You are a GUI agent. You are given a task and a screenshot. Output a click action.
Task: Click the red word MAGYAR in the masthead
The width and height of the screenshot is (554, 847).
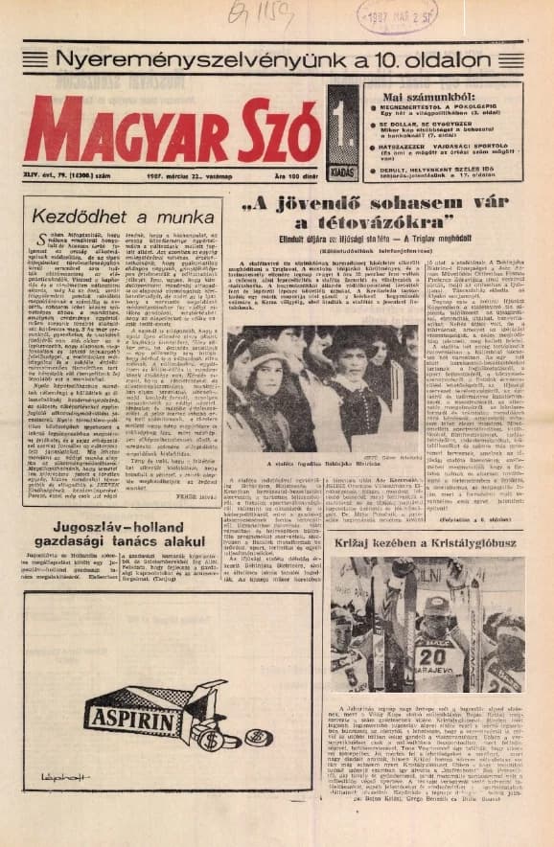(x=125, y=130)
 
